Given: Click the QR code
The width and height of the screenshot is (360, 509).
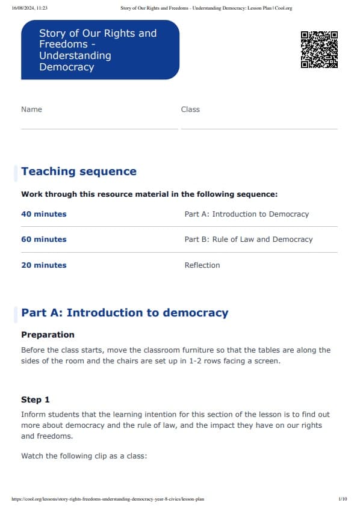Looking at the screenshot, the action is (x=319, y=49).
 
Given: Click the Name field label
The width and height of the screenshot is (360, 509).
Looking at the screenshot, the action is (x=31, y=110).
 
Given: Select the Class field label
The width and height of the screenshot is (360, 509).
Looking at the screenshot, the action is (x=190, y=110).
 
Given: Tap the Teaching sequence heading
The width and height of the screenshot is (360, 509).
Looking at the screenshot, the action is (x=79, y=171).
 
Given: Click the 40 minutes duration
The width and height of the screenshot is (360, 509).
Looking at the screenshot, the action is (x=44, y=214).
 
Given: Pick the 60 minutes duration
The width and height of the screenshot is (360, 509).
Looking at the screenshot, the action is (x=44, y=239).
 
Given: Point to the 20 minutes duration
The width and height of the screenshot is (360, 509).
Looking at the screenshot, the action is (x=44, y=265).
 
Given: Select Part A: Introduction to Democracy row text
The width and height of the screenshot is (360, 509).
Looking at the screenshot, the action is (x=246, y=214).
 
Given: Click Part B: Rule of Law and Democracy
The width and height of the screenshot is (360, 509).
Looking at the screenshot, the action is (x=249, y=239).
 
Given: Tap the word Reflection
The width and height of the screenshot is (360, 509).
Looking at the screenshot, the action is (x=202, y=265).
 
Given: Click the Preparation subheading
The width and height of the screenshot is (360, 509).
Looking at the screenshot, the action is (x=48, y=335).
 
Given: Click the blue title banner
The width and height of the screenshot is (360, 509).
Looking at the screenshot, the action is (x=100, y=50).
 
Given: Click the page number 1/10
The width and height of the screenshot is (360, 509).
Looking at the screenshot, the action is (x=343, y=499).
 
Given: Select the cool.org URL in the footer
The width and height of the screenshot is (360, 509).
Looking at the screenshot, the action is (x=108, y=499).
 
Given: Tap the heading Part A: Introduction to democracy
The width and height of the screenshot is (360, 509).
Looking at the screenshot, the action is (x=125, y=313).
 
